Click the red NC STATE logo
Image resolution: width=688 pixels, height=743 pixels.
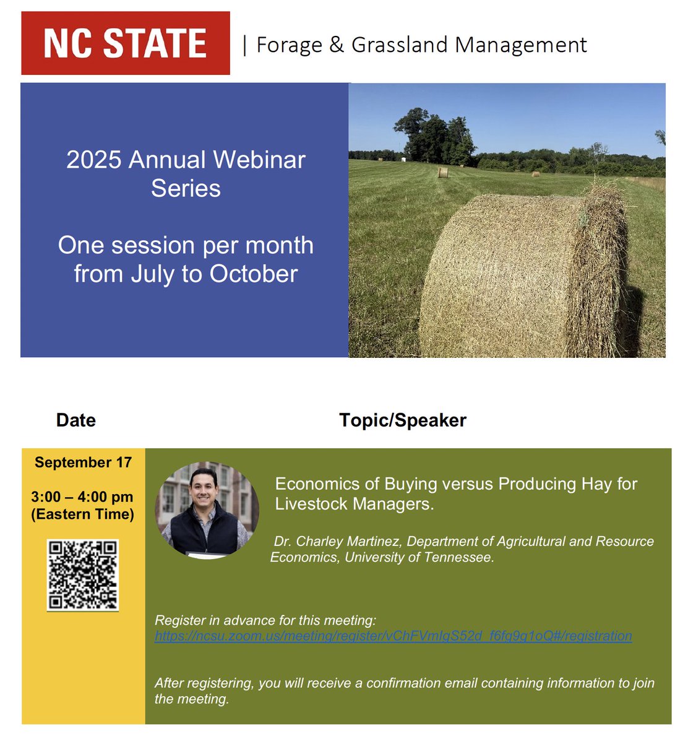pos(126,43)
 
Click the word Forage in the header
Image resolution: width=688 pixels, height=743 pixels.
pos(289,45)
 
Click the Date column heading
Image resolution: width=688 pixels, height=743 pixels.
pos(75,420)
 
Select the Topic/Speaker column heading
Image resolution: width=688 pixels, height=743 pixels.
pos(403,420)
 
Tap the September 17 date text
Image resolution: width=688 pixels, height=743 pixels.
pos(83,463)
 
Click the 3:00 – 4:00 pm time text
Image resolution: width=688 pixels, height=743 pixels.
pos(82,497)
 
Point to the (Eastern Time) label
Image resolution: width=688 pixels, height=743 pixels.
pos(82,514)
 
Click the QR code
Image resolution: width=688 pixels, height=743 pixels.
pos(83,575)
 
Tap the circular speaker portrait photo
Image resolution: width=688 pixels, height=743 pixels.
pos(207,510)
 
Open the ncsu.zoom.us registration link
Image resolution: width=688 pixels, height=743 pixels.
pos(393,636)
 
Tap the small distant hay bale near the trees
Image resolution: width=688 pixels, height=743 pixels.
pos(443,172)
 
